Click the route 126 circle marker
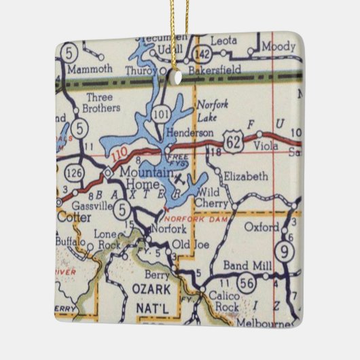tap(77, 175)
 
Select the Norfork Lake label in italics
tap(213, 111)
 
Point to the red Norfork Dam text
tap(188, 219)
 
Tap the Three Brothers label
tap(103, 103)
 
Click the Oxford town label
tap(262, 227)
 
